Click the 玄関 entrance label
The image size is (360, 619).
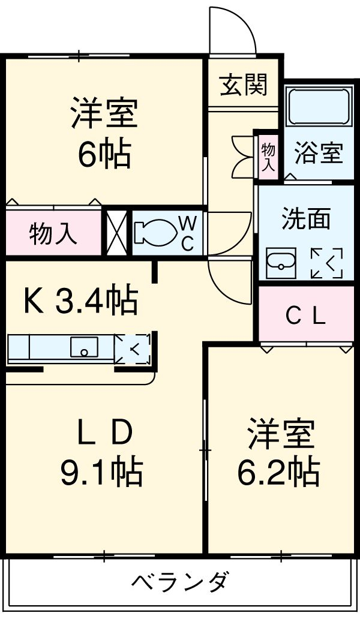pos(243,86)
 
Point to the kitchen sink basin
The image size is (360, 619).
pos(84,347)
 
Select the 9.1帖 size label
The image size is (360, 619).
pos(101,472)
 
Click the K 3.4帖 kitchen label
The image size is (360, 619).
pos(80,301)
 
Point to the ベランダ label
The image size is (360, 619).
pos(179,581)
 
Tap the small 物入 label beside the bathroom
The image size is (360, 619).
pos(268,157)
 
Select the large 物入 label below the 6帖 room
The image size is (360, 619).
pos(53,233)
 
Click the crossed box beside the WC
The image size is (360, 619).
pos(116,231)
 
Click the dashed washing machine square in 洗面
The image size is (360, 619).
pos(326,262)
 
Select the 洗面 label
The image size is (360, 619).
pos(306,219)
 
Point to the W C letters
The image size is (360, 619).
pos(188,233)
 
